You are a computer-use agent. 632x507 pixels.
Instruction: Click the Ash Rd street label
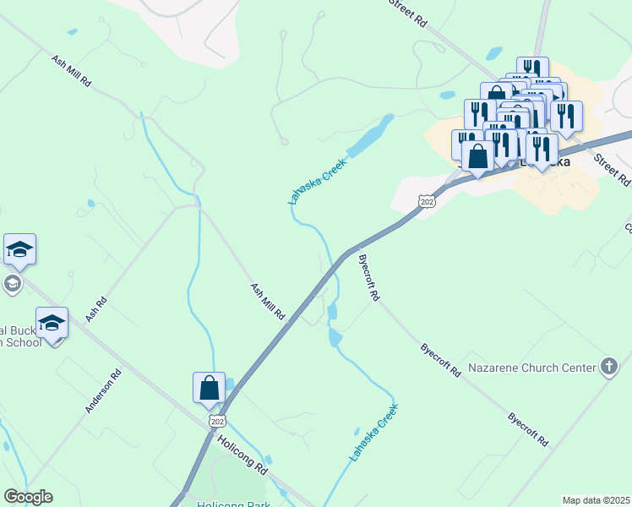97,308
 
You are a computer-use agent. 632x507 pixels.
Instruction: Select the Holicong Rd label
242,453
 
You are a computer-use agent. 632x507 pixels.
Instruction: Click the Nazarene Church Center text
532,368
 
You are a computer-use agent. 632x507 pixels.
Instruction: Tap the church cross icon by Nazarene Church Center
608,366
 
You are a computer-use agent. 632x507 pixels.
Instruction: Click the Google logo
28,497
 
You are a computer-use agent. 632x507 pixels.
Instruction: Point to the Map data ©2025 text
596,500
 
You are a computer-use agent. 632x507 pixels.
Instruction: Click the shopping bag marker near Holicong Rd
210,388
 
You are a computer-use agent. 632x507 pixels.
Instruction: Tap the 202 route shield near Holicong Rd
217,420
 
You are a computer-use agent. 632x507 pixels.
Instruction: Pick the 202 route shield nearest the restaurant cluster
427,201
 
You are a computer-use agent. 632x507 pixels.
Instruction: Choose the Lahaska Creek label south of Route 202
373,433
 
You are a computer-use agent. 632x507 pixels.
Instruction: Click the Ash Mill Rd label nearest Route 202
267,301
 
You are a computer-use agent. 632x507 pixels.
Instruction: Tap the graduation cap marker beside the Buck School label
52,323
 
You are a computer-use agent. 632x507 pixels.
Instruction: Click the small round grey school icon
12,283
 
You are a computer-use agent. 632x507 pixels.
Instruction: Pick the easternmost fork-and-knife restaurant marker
566,116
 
